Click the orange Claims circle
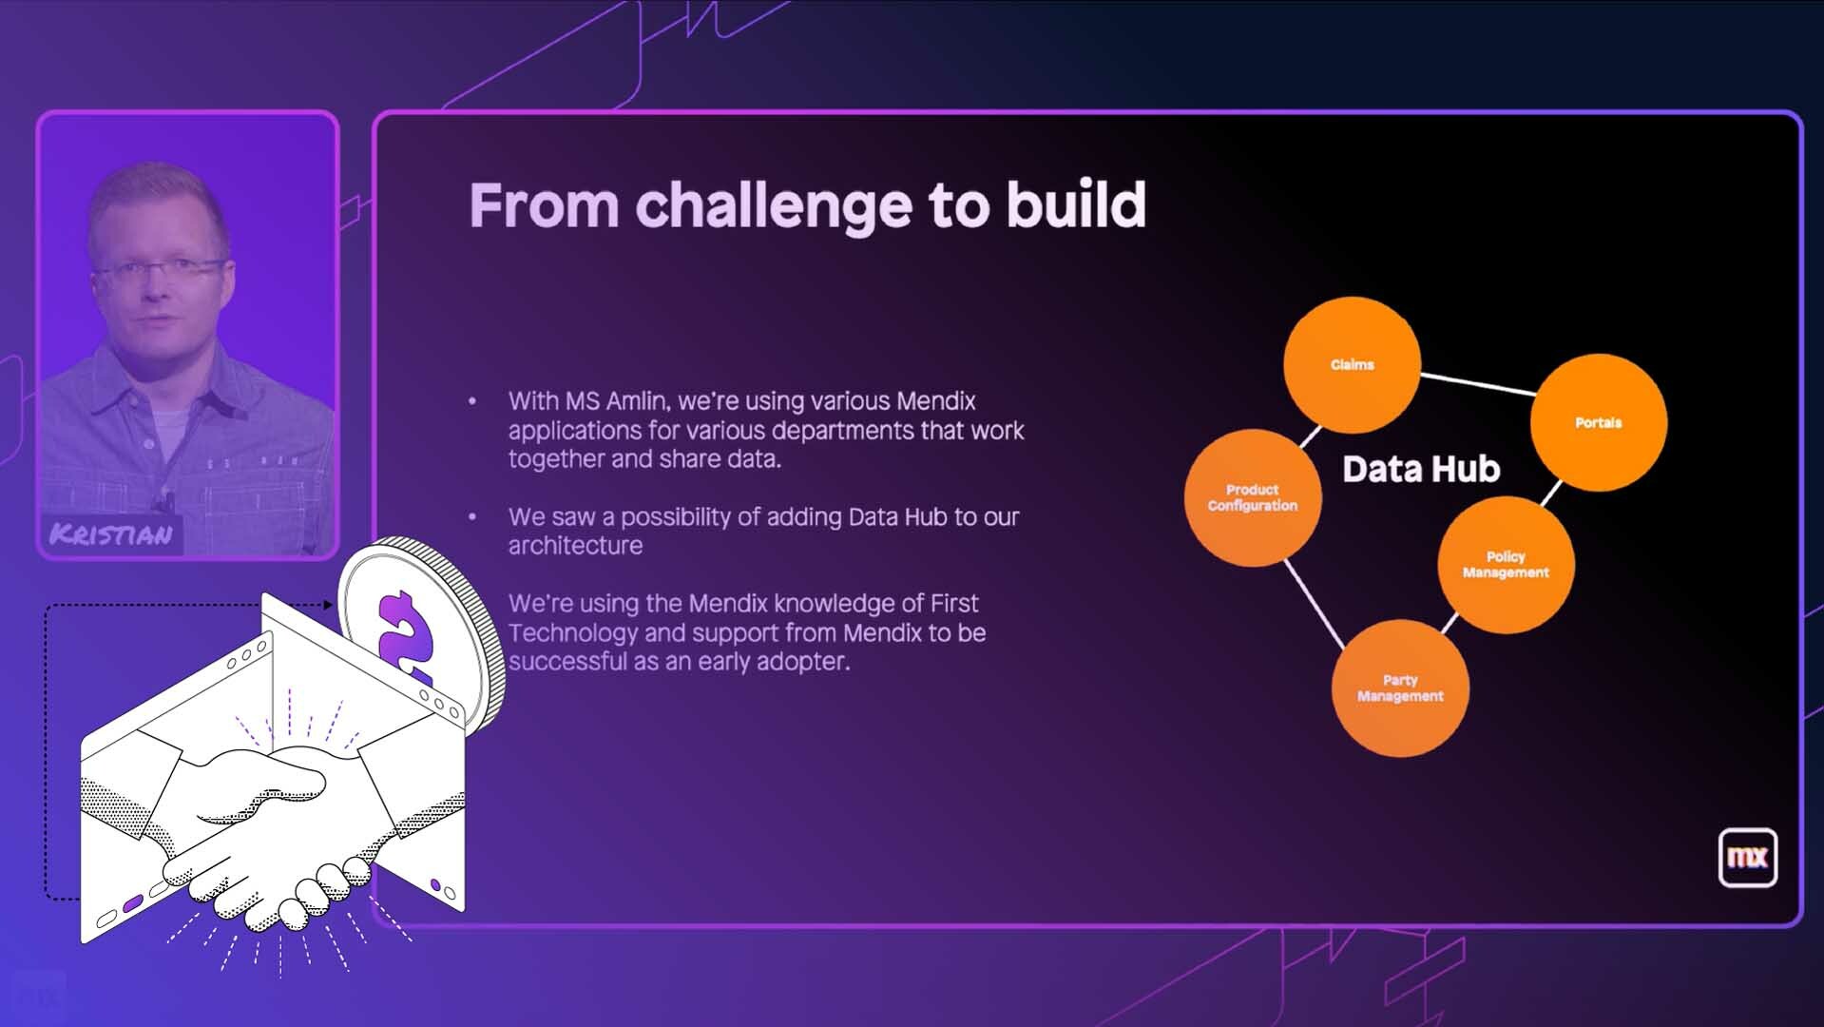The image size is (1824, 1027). (x=1352, y=365)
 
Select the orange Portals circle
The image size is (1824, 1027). (x=1599, y=422)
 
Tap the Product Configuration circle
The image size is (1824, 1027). (x=1253, y=497)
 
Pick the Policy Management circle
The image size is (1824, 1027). (x=1506, y=565)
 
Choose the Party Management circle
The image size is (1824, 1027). (x=1400, y=688)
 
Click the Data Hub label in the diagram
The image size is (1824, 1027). (x=1421, y=469)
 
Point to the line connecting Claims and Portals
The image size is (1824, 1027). (x=1477, y=384)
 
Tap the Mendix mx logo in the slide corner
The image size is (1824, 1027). (x=1747, y=858)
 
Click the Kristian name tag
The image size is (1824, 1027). (x=112, y=534)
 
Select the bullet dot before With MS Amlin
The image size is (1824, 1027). (x=472, y=401)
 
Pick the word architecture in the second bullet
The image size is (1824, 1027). (x=575, y=546)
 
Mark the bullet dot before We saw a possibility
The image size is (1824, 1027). (x=472, y=517)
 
